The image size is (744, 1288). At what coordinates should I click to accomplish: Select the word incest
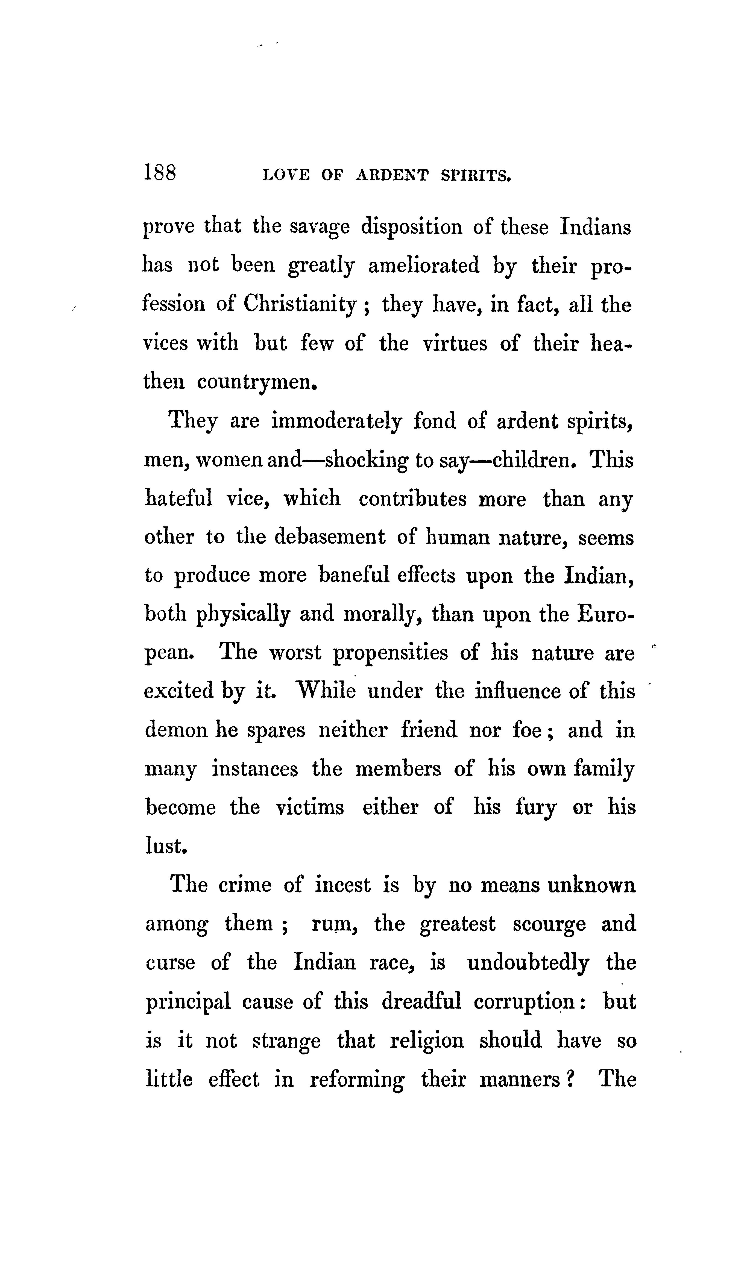pos(342,885)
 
